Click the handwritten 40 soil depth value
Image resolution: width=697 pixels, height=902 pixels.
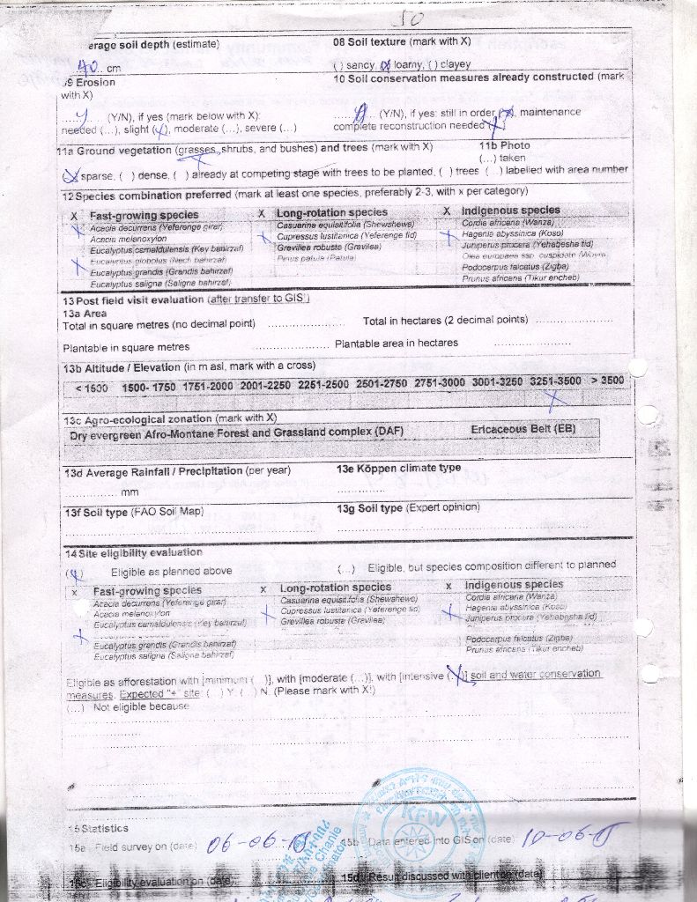(x=88, y=65)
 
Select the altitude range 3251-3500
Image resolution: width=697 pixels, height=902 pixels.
(x=555, y=381)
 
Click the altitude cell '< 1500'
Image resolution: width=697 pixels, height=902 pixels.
(x=92, y=388)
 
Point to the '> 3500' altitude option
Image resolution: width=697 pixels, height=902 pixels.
(x=606, y=381)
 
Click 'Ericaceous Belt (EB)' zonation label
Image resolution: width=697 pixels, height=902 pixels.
(x=523, y=429)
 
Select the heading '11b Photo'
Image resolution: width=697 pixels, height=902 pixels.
(x=504, y=145)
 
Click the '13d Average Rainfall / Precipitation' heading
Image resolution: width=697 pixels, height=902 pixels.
(x=176, y=471)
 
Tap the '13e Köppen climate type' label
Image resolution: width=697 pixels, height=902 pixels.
(x=398, y=468)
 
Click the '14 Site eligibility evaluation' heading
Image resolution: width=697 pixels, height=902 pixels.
(x=133, y=552)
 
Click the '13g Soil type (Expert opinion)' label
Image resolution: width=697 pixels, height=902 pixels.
(x=408, y=508)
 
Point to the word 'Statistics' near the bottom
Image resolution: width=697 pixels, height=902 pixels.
(x=104, y=829)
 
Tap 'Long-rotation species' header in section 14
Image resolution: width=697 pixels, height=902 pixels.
(x=336, y=588)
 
